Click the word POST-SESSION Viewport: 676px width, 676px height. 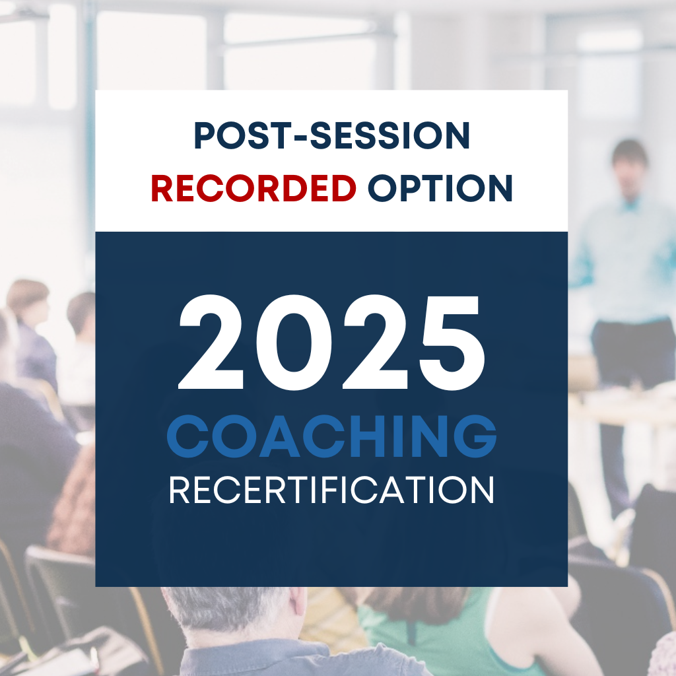pos(331,135)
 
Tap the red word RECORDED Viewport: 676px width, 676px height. pos(253,188)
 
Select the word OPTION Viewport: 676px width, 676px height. pos(440,188)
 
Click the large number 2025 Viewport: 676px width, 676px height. pos(332,343)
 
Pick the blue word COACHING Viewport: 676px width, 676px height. pos(331,436)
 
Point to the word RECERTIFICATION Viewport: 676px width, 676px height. pos(331,490)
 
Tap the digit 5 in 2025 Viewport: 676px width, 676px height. pos(452,343)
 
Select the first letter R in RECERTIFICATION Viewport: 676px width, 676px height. pos(179,490)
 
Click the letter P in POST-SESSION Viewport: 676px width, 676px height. pos(205,135)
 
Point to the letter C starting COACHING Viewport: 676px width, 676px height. pos(187,436)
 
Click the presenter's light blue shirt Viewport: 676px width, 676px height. pos(625,259)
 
